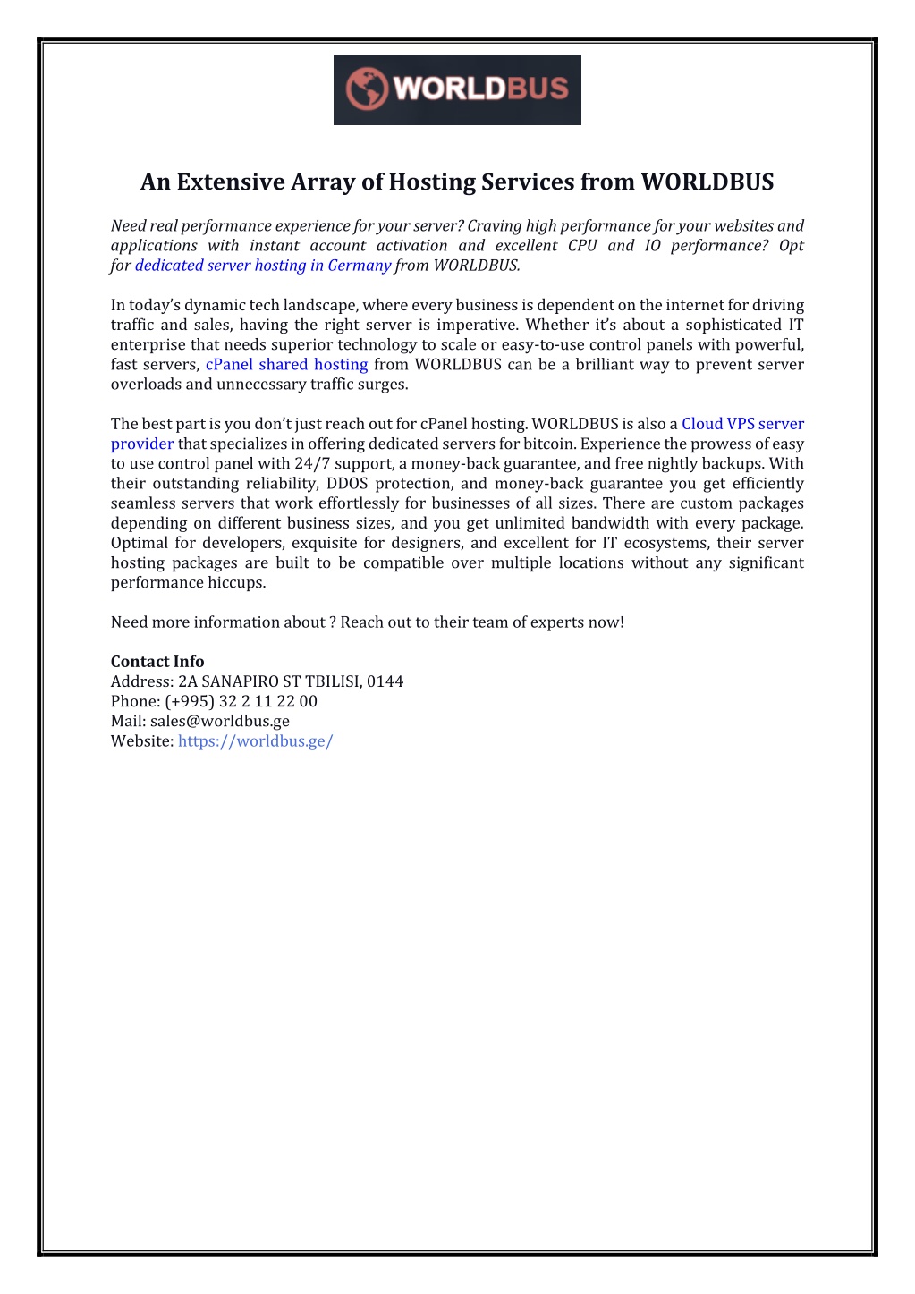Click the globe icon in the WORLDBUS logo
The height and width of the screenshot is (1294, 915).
click(x=366, y=89)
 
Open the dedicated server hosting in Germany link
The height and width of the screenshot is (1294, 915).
click(x=262, y=266)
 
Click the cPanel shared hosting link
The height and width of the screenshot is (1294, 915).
click(x=286, y=365)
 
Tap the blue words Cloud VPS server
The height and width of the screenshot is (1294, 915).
click(x=742, y=424)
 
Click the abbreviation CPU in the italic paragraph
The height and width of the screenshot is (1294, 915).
click(x=582, y=246)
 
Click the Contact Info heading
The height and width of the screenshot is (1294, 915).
click(x=157, y=662)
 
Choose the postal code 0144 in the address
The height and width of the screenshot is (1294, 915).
click(x=385, y=681)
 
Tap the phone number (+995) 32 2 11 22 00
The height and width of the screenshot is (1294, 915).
click(x=241, y=701)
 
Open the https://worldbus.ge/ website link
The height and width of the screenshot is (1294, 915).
click(x=255, y=741)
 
